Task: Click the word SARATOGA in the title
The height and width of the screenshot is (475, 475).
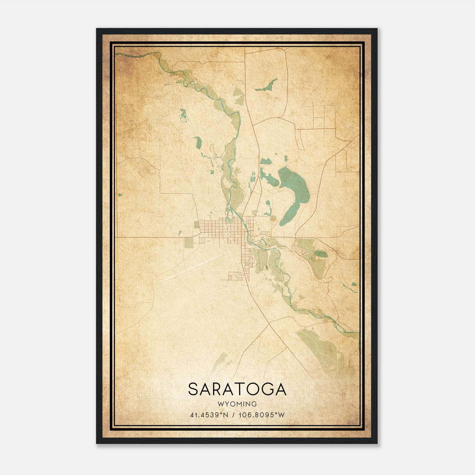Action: click(x=237, y=389)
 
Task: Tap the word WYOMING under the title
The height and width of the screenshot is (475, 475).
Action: click(x=237, y=404)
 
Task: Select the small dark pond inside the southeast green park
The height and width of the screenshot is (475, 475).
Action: click(x=321, y=254)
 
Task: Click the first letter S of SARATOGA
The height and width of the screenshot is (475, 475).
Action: click(x=193, y=389)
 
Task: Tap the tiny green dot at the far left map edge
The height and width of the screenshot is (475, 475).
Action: click(x=120, y=195)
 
